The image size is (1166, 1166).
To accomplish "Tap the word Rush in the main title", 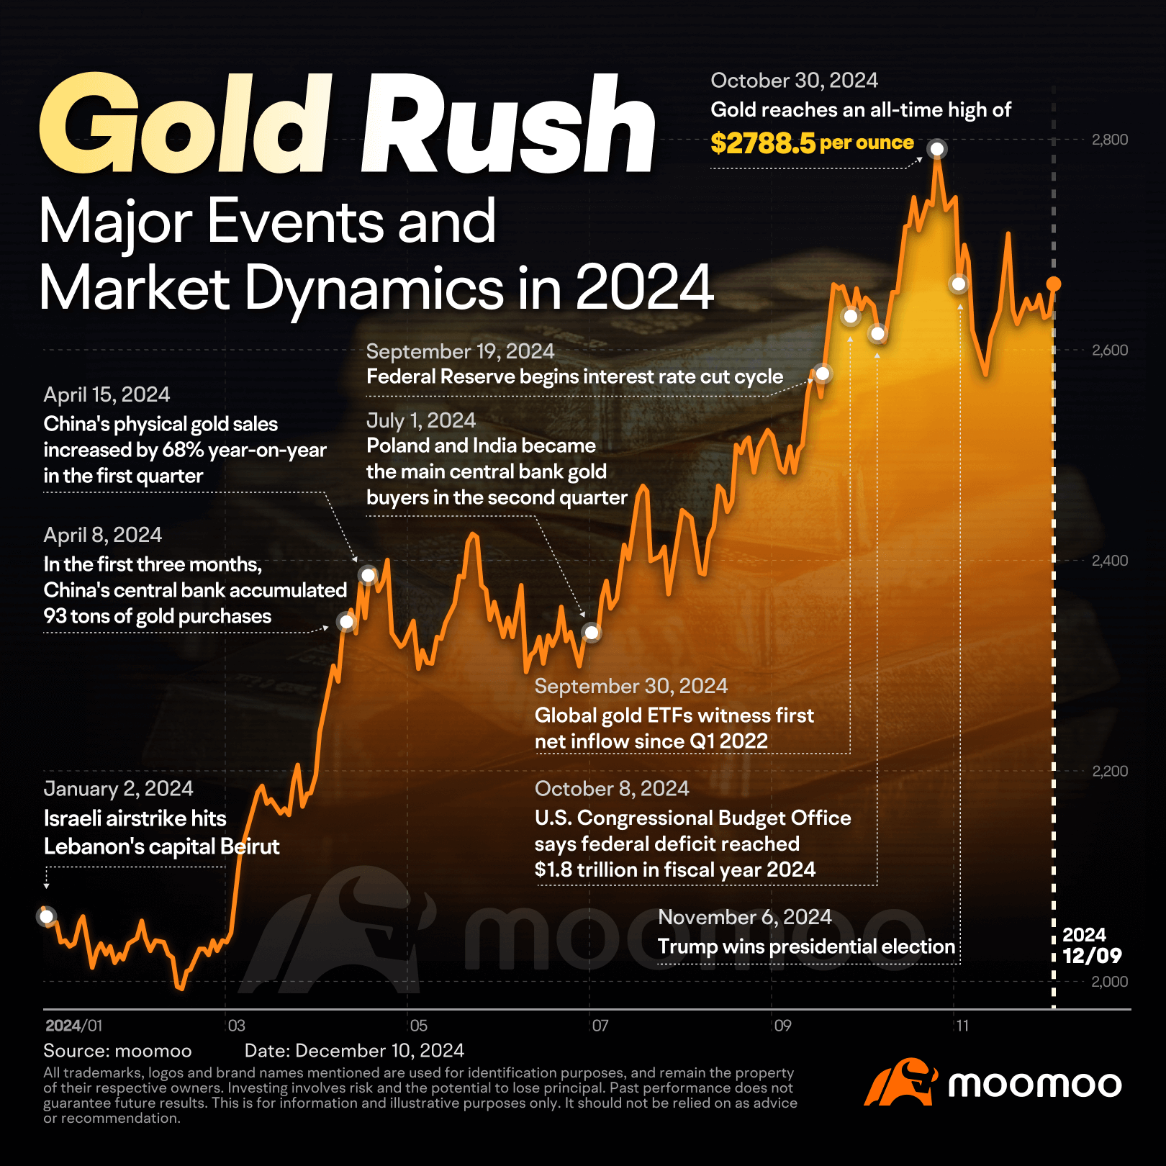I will pyautogui.click(x=508, y=125).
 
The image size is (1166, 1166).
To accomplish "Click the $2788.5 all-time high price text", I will pyautogui.click(x=763, y=143).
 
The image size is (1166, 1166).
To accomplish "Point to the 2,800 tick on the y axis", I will pyautogui.click(x=1109, y=140).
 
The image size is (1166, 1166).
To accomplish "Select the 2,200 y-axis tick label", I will pyautogui.click(x=1109, y=771).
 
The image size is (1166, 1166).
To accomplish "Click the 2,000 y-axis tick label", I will pyautogui.click(x=1109, y=982).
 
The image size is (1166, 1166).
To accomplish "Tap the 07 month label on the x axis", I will pyautogui.click(x=600, y=1026).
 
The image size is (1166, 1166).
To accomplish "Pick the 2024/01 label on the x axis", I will pyautogui.click(x=73, y=1026).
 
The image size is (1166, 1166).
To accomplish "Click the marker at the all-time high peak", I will pyautogui.click(x=937, y=149).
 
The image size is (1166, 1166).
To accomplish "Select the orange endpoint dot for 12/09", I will pyautogui.click(x=1054, y=284).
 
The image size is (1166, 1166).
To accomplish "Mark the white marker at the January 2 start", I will pyautogui.click(x=47, y=917).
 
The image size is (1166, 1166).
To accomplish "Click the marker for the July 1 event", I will pyautogui.click(x=592, y=633).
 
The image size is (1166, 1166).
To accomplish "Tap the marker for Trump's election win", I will pyautogui.click(x=959, y=284).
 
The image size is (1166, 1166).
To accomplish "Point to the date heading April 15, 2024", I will pyautogui.click(x=107, y=394).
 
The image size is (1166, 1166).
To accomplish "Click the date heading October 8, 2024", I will pyautogui.click(x=612, y=789).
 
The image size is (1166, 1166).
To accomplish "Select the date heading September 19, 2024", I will pyautogui.click(x=460, y=351).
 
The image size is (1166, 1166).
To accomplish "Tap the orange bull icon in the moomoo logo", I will pyautogui.click(x=900, y=1082).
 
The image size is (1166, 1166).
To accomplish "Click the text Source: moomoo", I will pyautogui.click(x=117, y=1051).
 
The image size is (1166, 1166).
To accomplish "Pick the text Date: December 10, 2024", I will pyautogui.click(x=354, y=1051).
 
